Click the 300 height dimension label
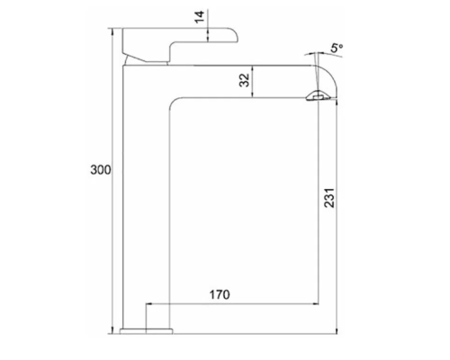pyautogui.click(x=100, y=170)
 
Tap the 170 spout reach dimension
pyautogui.click(x=220, y=293)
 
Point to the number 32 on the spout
pyautogui.click(x=244, y=79)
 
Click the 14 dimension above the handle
pyautogui.click(x=199, y=17)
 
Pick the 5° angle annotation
pyautogui.click(x=337, y=47)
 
